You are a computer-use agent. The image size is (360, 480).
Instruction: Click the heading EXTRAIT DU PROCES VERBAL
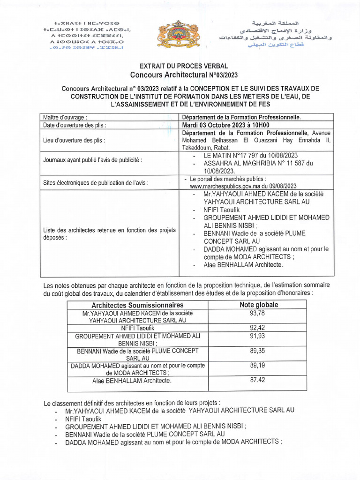(x=180, y=66)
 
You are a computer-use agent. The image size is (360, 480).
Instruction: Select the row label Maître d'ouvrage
(x=65, y=117)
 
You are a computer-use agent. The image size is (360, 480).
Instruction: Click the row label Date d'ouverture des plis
(x=75, y=125)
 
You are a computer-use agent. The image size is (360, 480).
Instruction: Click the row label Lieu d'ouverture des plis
(x=74, y=140)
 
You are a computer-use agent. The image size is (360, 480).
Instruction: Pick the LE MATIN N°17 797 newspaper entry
(x=251, y=155)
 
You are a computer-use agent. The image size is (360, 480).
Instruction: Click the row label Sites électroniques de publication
(x=96, y=183)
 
